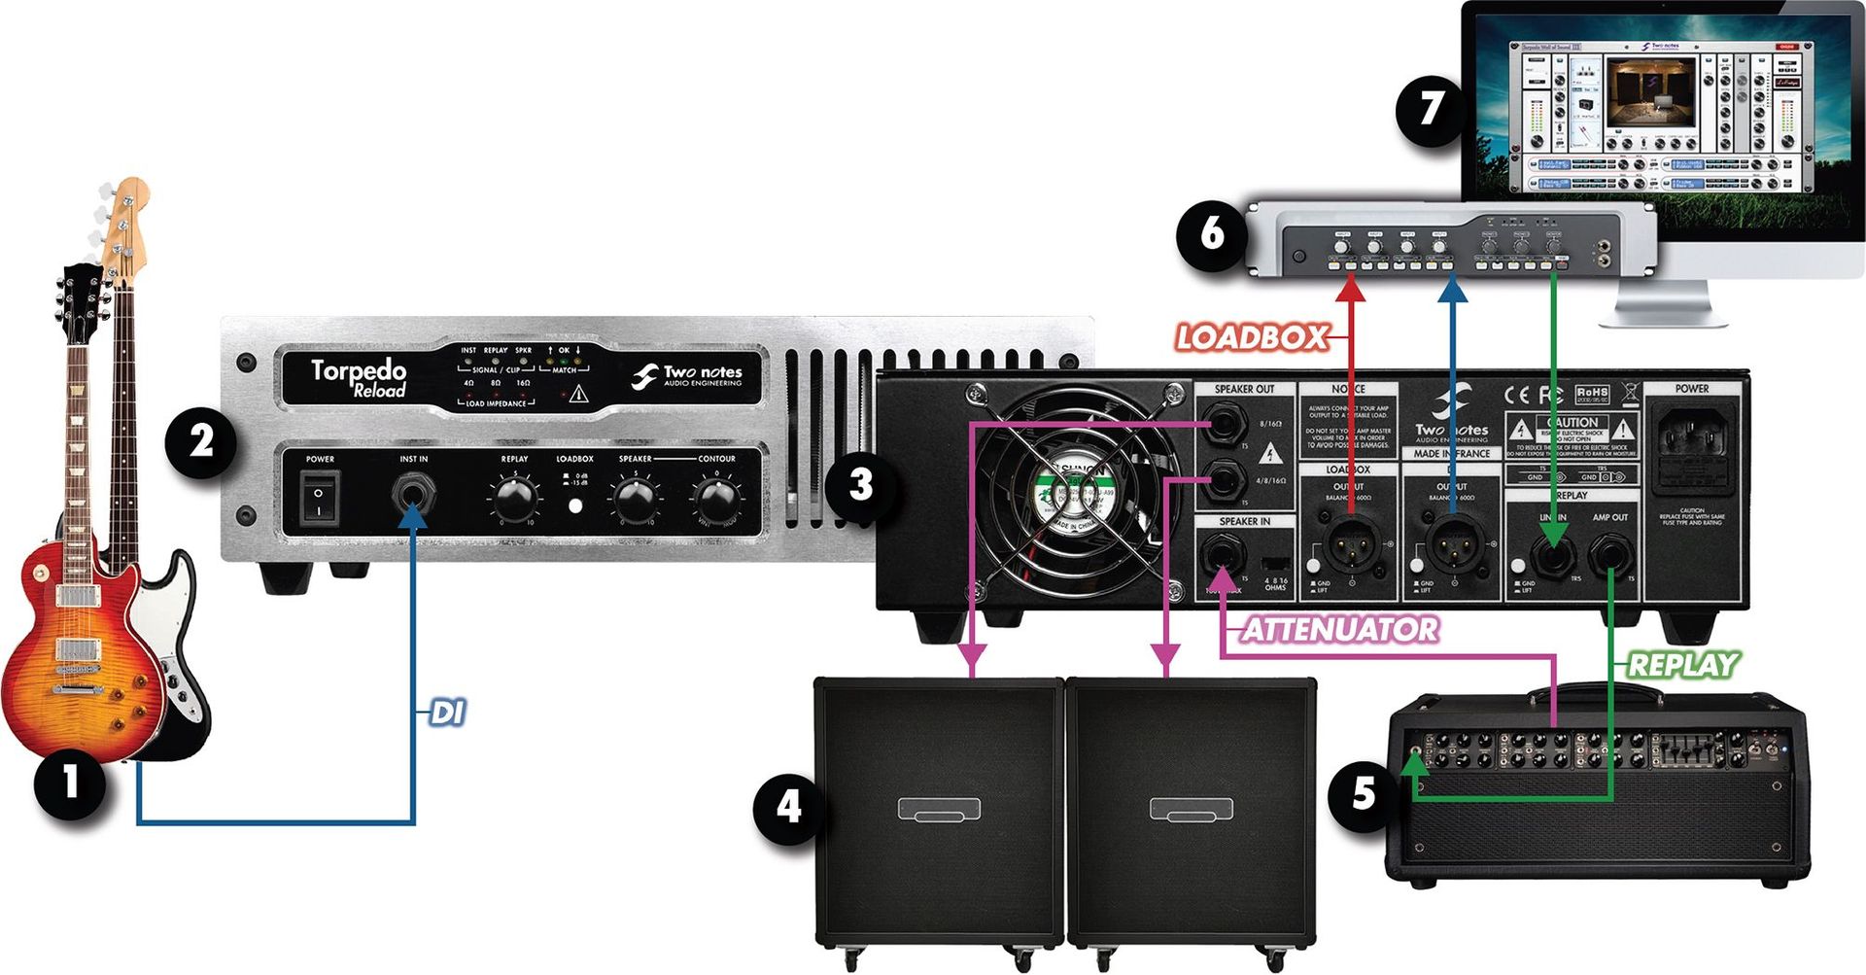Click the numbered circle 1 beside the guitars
[70, 783]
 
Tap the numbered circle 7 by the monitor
[1431, 109]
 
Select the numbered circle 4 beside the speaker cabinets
[788, 807]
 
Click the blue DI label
[447, 713]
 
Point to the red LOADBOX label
[1252, 338]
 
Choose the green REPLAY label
[1682, 666]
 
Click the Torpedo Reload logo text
[359, 377]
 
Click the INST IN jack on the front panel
[414, 494]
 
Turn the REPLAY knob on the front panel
[515, 500]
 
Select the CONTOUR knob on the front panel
[717, 500]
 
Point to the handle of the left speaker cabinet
[939, 808]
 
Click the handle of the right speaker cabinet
[1192, 808]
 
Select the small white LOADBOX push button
[575, 505]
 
